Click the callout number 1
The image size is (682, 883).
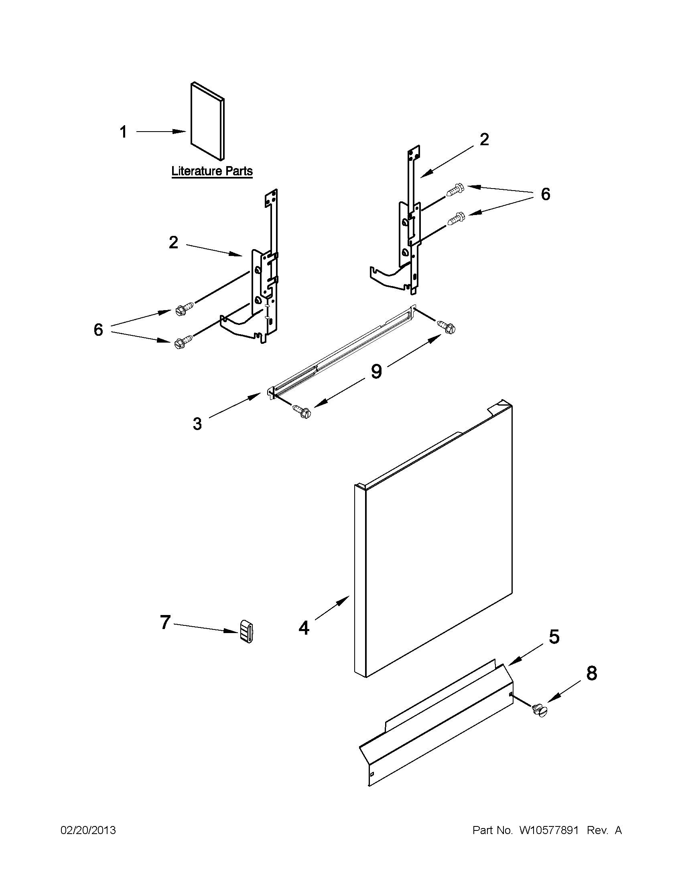(x=124, y=132)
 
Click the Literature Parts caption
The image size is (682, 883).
(x=212, y=171)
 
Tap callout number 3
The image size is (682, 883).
(x=197, y=424)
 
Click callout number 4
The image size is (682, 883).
(x=304, y=628)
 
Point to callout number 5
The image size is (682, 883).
(x=554, y=637)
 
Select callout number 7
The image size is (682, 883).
(x=165, y=622)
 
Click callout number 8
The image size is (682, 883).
(x=591, y=674)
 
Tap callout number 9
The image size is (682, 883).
(x=376, y=371)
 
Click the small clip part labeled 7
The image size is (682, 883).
(x=247, y=631)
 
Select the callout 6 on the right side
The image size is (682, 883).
(x=545, y=195)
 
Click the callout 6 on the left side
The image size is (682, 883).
(x=98, y=330)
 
